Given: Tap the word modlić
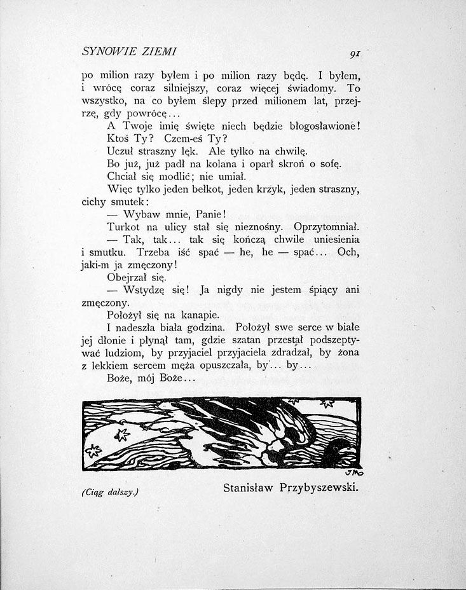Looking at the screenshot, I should click(179, 176).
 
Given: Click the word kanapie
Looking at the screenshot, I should click(197, 315).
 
